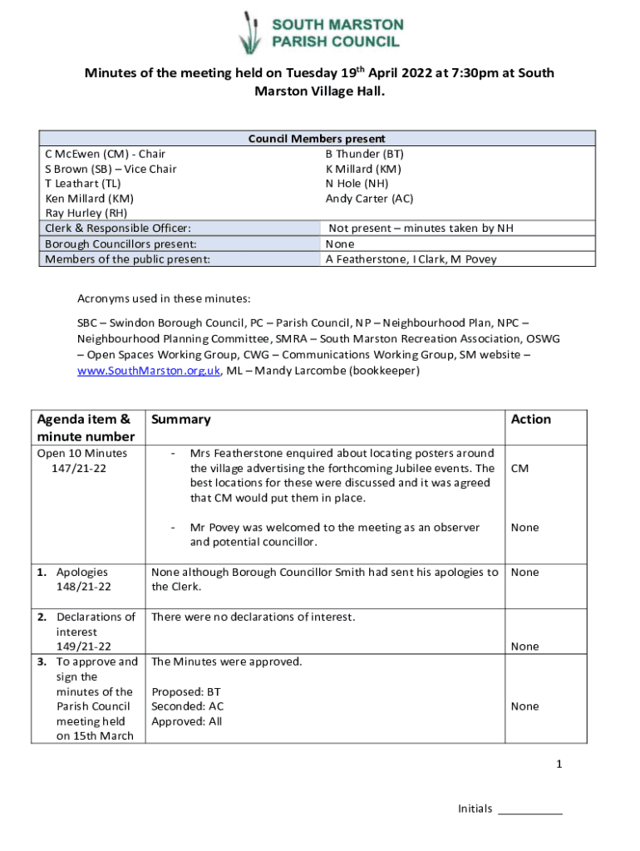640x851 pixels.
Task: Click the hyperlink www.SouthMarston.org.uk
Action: click(149, 371)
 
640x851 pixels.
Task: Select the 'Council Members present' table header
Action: click(317, 139)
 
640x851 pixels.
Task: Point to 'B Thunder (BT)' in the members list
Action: click(364, 154)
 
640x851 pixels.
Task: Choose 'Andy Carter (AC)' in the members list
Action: click(369, 199)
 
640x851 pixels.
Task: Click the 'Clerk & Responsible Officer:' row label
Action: click(118, 229)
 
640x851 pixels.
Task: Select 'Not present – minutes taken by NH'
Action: click(421, 229)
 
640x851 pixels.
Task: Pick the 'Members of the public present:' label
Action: click(126, 259)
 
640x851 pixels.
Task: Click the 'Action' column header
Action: click(531, 420)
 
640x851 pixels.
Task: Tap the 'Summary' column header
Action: click(180, 420)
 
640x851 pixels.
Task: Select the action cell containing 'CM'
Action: click(519, 469)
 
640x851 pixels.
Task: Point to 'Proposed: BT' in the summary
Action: click(186, 691)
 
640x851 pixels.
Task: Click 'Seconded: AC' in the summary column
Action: click(187, 706)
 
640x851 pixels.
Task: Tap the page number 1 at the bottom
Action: click(559, 765)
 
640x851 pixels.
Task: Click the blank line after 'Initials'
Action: click(529, 809)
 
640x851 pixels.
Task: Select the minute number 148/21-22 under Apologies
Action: click(84, 587)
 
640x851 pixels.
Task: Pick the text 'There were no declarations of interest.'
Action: click(253, 617)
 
